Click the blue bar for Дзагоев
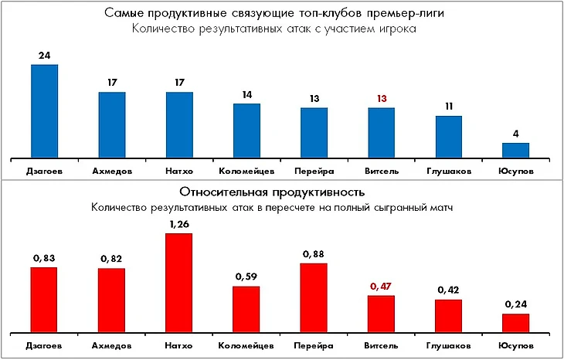coord(44,110)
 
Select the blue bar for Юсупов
coord(516,149)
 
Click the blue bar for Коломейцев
coord(246,129)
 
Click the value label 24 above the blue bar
coord(44,56)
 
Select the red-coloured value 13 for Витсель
coord(381,99)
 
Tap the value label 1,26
coord(179,225)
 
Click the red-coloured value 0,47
coord(381,287)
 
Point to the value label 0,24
coord(516,305)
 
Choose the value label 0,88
coord(314,254)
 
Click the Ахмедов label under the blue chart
coord(111,169)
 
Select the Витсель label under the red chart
coord(381,345)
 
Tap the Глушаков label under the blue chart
coord(448,169)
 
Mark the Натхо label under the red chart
coord(179,345)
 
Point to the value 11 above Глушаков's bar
coord(448,107)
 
